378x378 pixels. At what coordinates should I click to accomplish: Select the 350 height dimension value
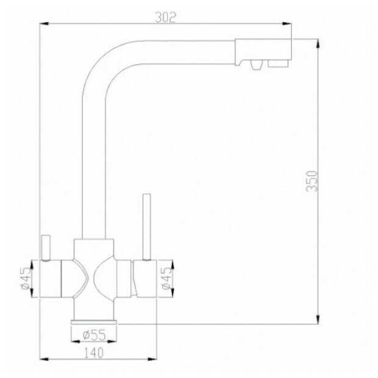click(x=312, y=182)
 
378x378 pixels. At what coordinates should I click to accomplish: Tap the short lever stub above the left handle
click(x=44, y=248)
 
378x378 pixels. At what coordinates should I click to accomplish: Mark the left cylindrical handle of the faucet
click(x=51, y=279)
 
